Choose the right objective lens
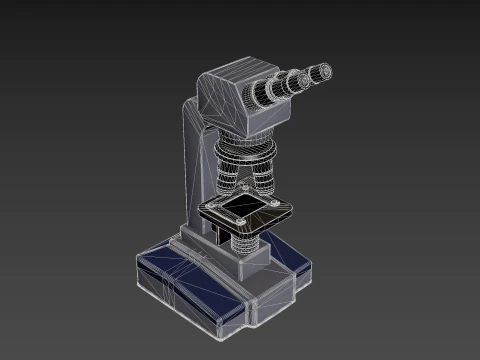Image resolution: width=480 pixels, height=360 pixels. click(x=266, y=181)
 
